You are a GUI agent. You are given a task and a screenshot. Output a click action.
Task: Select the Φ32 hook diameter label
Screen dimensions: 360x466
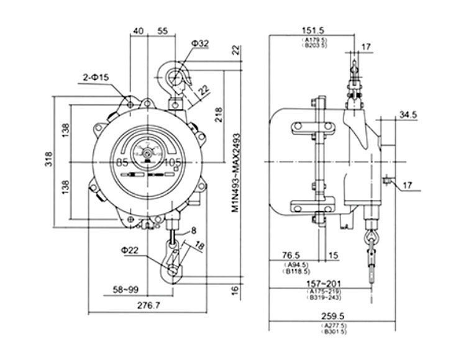[201, 42]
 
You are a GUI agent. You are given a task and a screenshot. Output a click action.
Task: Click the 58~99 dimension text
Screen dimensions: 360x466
[127, 289]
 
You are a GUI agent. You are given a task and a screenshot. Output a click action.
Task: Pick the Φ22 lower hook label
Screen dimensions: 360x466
[132, 250]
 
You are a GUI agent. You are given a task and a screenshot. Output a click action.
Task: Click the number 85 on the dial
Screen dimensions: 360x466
[122, 163]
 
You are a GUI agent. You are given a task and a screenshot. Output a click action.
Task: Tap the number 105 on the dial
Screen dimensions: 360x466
[173, 163]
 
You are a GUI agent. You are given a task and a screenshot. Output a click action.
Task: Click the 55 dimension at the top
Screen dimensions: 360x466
[163, 30]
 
